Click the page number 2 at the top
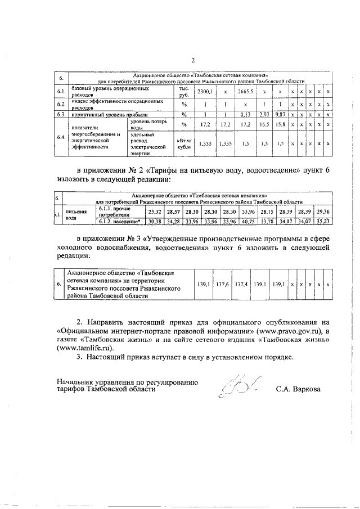coord(193,61)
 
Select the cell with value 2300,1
coord(204,92)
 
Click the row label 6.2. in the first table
coord(61,104)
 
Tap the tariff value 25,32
coord(155,211)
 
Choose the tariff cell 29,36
coord(323,211)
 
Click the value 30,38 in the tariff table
coord(155,222)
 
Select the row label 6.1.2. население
coord(120,222)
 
